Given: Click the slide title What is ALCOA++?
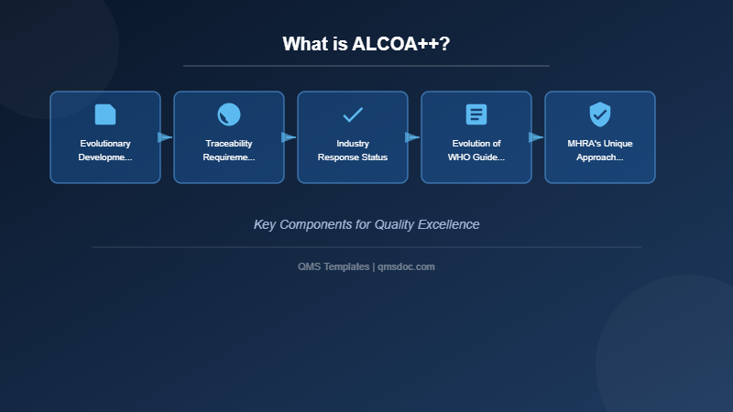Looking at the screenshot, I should tap(366, 44).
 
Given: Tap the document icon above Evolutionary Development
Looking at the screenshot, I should tap(105, 114).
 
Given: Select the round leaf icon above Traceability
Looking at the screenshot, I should tap(229, 114).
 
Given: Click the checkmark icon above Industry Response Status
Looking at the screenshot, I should tap(353, 114).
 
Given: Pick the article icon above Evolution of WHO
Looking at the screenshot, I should tap(476, 114).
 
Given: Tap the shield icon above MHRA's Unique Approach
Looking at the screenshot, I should tap(600, 114).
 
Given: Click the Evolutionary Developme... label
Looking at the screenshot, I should tap(105, 150).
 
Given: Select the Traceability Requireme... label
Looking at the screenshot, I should tap(229, 150).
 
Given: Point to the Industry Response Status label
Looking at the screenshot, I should tap(353, 150).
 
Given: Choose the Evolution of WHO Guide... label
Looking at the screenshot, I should tap(476, 150).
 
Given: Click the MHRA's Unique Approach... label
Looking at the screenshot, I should tap(600, 150).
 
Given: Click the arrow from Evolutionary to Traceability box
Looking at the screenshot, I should tap(165, 137).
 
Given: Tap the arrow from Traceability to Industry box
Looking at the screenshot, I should tap(289, 137).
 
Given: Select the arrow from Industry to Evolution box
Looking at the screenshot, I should tap(412, 137).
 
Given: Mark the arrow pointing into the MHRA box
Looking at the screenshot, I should tap(536, 137).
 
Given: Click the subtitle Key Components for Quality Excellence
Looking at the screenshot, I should tap(366, 224).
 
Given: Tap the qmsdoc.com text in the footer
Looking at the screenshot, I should tap(406, 266).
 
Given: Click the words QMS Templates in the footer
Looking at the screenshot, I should tap(334, 266).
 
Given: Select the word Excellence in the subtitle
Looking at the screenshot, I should tap(448, 224).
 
